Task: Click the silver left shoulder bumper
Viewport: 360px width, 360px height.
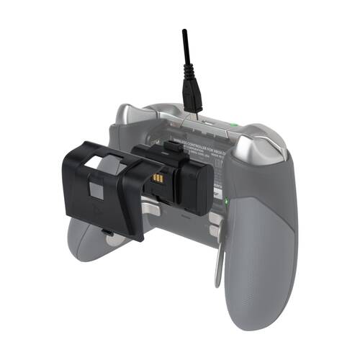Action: point(137,115)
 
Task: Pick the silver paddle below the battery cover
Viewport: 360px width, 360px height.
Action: point(148,210)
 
